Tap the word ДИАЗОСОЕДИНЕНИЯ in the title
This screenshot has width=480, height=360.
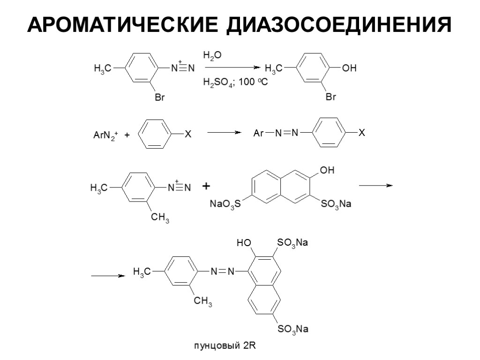337,25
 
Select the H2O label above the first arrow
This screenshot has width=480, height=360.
212,55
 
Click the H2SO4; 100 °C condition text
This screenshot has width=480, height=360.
235,82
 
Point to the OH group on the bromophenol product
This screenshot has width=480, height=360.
349,68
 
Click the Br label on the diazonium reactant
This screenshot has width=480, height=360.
160,98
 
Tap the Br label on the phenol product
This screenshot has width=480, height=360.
331,98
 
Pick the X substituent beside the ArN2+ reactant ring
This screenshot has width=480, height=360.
187,135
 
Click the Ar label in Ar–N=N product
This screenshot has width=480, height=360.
258,134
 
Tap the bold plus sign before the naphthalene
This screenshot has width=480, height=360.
206,187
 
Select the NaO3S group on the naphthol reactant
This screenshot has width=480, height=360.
225,204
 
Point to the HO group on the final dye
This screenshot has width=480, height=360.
244,243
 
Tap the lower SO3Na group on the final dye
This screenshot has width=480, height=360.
293,330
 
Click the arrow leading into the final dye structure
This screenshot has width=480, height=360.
108,276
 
